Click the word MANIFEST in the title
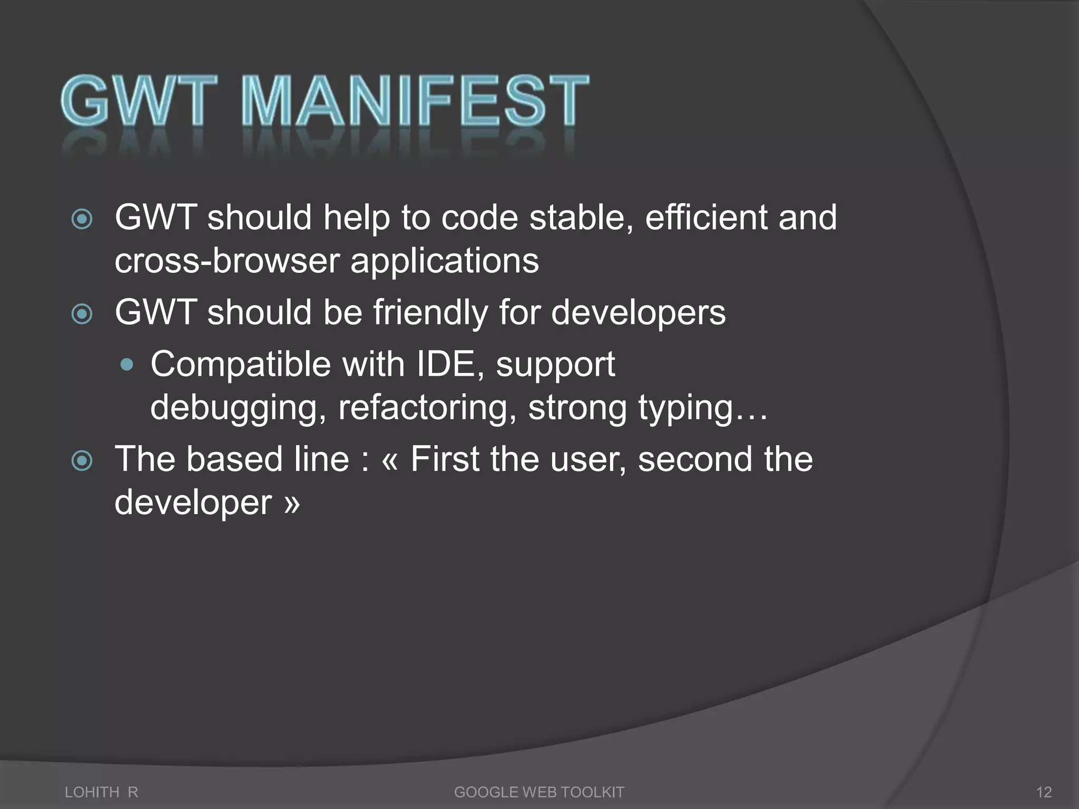(415, 101)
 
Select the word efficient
(706, 218)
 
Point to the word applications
(445, 262)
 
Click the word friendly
(430, 313)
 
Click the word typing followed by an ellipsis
(701, 408)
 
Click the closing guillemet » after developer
(291, 504)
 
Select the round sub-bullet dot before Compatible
(127, 364)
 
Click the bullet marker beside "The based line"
(82, 461)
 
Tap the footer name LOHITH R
(101, 792)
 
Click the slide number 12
(1044, 792)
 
